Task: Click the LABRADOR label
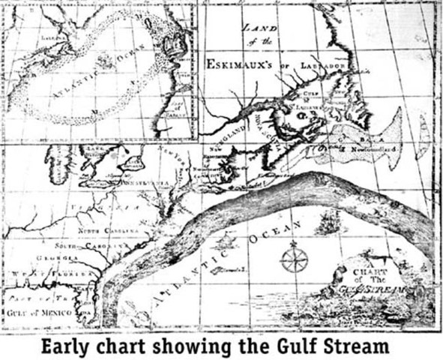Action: tap(323, 65)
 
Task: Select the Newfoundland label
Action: tap(368, 150)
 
